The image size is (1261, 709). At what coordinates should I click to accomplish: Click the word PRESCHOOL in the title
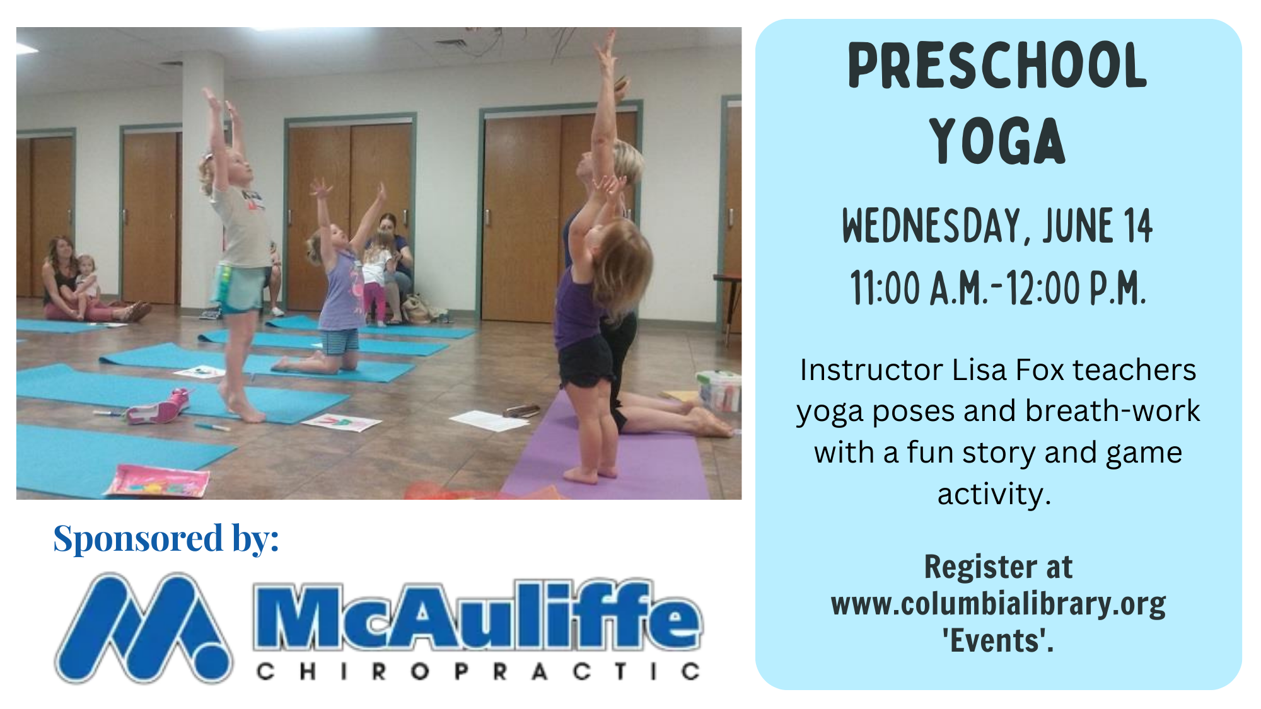coord(997,66)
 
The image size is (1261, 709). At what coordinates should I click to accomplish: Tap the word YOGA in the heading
coord(997,141)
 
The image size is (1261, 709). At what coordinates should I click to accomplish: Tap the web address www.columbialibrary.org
coord(998,604)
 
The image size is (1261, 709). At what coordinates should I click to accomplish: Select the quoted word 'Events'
coord(998,641)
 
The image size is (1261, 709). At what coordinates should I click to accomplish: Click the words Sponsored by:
coord(166,538)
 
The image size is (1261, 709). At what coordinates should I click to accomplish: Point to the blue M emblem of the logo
coord(144,628)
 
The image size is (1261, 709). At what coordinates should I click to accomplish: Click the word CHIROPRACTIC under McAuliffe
coord(478,671)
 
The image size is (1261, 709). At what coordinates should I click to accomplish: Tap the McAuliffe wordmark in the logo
coord(477,615)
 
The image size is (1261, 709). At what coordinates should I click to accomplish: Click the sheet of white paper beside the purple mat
coord(489,420)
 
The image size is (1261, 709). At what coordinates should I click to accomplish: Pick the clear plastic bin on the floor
coord(719,390)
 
